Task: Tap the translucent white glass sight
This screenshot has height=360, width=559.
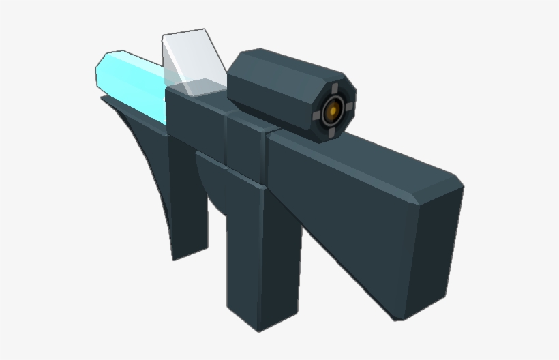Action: click(194, 61)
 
